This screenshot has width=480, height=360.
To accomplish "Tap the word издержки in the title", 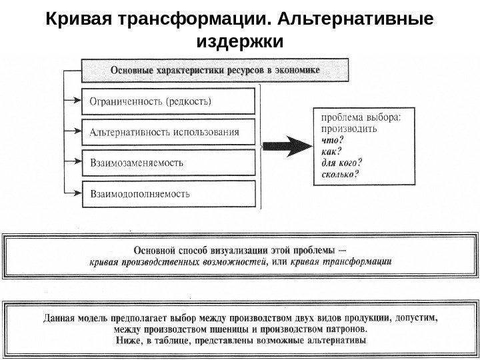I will (x=241, y=42).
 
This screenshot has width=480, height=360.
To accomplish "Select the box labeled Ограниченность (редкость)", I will (x=168, y=102).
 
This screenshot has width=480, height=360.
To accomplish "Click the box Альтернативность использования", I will (x=168, y=132).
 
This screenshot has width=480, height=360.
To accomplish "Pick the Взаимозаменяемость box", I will (x=168, y=163).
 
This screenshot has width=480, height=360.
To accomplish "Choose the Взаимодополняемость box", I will (x=168, y=194).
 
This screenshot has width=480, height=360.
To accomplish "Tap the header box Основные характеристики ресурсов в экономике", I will (x=214, y=69).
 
